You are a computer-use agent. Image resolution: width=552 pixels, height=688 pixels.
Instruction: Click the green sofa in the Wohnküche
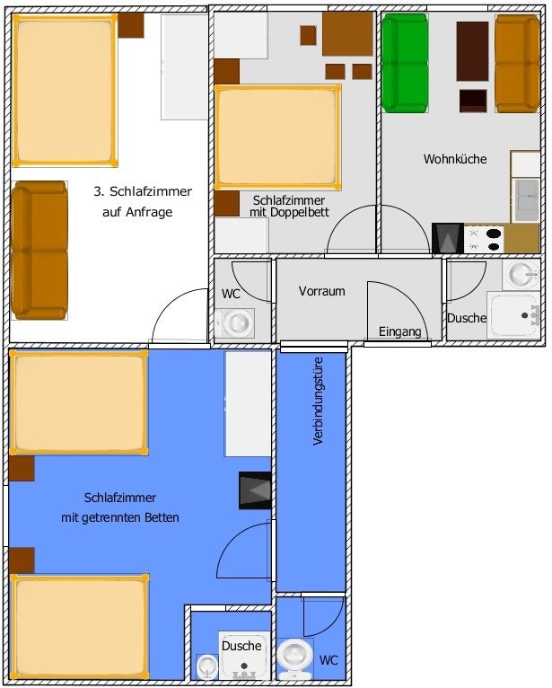pyautogui.click(x=405, y=63)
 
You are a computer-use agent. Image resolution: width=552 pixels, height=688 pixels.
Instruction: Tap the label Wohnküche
pyautogui.click(x=455, y=159)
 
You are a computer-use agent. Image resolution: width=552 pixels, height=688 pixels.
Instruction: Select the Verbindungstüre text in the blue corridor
pyautogui.click(x=319, y=401)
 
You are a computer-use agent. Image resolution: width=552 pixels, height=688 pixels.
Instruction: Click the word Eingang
pyautogui.click(x=399, y=331)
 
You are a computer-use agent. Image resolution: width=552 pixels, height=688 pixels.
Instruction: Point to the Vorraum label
pyautogui.click(x=322, y=291)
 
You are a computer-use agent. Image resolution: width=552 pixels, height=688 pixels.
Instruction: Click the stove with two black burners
pyautogui.click(x=484, y=240)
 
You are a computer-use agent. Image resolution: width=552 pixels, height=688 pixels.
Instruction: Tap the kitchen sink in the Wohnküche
pyautogui.click(x=526, y=199)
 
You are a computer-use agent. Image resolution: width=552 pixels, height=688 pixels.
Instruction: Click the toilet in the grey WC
pyautogui.click(x=235, y=323)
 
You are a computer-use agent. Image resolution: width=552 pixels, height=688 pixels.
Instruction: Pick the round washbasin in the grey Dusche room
pyautogui.click(x=521, y=274)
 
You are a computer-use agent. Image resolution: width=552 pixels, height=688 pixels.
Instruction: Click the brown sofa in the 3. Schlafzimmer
pyautogui.click(x=39, y=250)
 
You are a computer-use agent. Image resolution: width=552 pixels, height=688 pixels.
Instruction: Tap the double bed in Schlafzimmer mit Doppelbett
pyautogui.click(x=277, y=137)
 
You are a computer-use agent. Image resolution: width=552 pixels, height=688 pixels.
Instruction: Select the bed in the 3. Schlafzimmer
pyautogui.click(x=65, y=91)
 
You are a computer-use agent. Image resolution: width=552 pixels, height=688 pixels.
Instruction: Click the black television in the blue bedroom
pyautogui.click(x=255, y=490)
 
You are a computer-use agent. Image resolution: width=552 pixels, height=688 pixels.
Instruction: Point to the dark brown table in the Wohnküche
pyautogui.click(x=472, y=51)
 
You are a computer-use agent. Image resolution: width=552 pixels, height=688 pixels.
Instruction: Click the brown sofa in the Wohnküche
pyautogui.click(x=517, y=64)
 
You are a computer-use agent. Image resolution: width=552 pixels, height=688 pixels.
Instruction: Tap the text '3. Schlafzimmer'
pyautogui.click(x=143, y=191)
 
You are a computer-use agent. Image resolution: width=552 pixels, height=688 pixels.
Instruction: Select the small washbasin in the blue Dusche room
pyautogui.click(x=206, y=666)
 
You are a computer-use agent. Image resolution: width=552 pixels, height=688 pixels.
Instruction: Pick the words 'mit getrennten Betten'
pyautogui.click(x=119, y=517)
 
